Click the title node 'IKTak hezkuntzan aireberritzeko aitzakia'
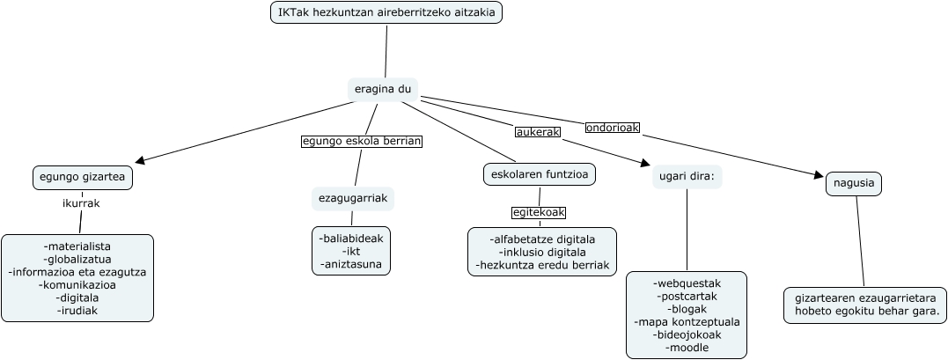(x=386, y=12)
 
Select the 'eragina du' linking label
(x=382, y=89)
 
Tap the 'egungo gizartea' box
(x=83, y=177)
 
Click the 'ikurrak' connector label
(x=81, y=203)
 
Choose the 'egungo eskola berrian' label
(x=362, y=141)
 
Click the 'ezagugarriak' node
(x=352, y=199)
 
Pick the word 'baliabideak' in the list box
(x=352, y=238)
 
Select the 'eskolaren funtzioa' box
(x=540, y=174)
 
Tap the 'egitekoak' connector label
(x=539, y=212)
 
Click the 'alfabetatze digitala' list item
(x=543, y=239)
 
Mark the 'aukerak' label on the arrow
(x=538, y=132)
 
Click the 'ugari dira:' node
(x=687, y=177)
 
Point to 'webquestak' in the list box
(x=687, y=283)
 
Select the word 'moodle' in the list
(x=687, y=348)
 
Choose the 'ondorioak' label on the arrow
(x=613, y=128)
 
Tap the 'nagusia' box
(x=854, y=184)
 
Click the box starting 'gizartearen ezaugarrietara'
(x=866, y=305)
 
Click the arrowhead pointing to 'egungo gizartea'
(x=141, y=161)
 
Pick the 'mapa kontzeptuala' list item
(x=687, y=322)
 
